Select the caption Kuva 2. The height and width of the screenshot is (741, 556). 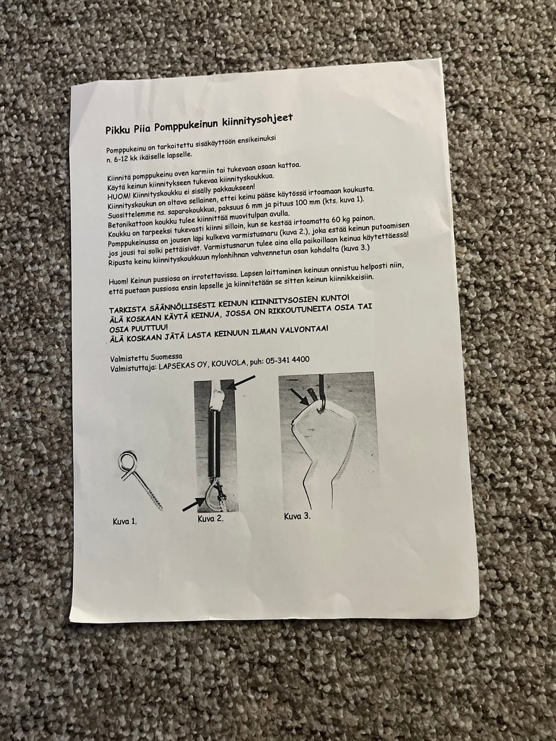pyautogui.click(x=211, y=519)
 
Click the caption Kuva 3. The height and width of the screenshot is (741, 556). pyautogui.click(x=298, y=517)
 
